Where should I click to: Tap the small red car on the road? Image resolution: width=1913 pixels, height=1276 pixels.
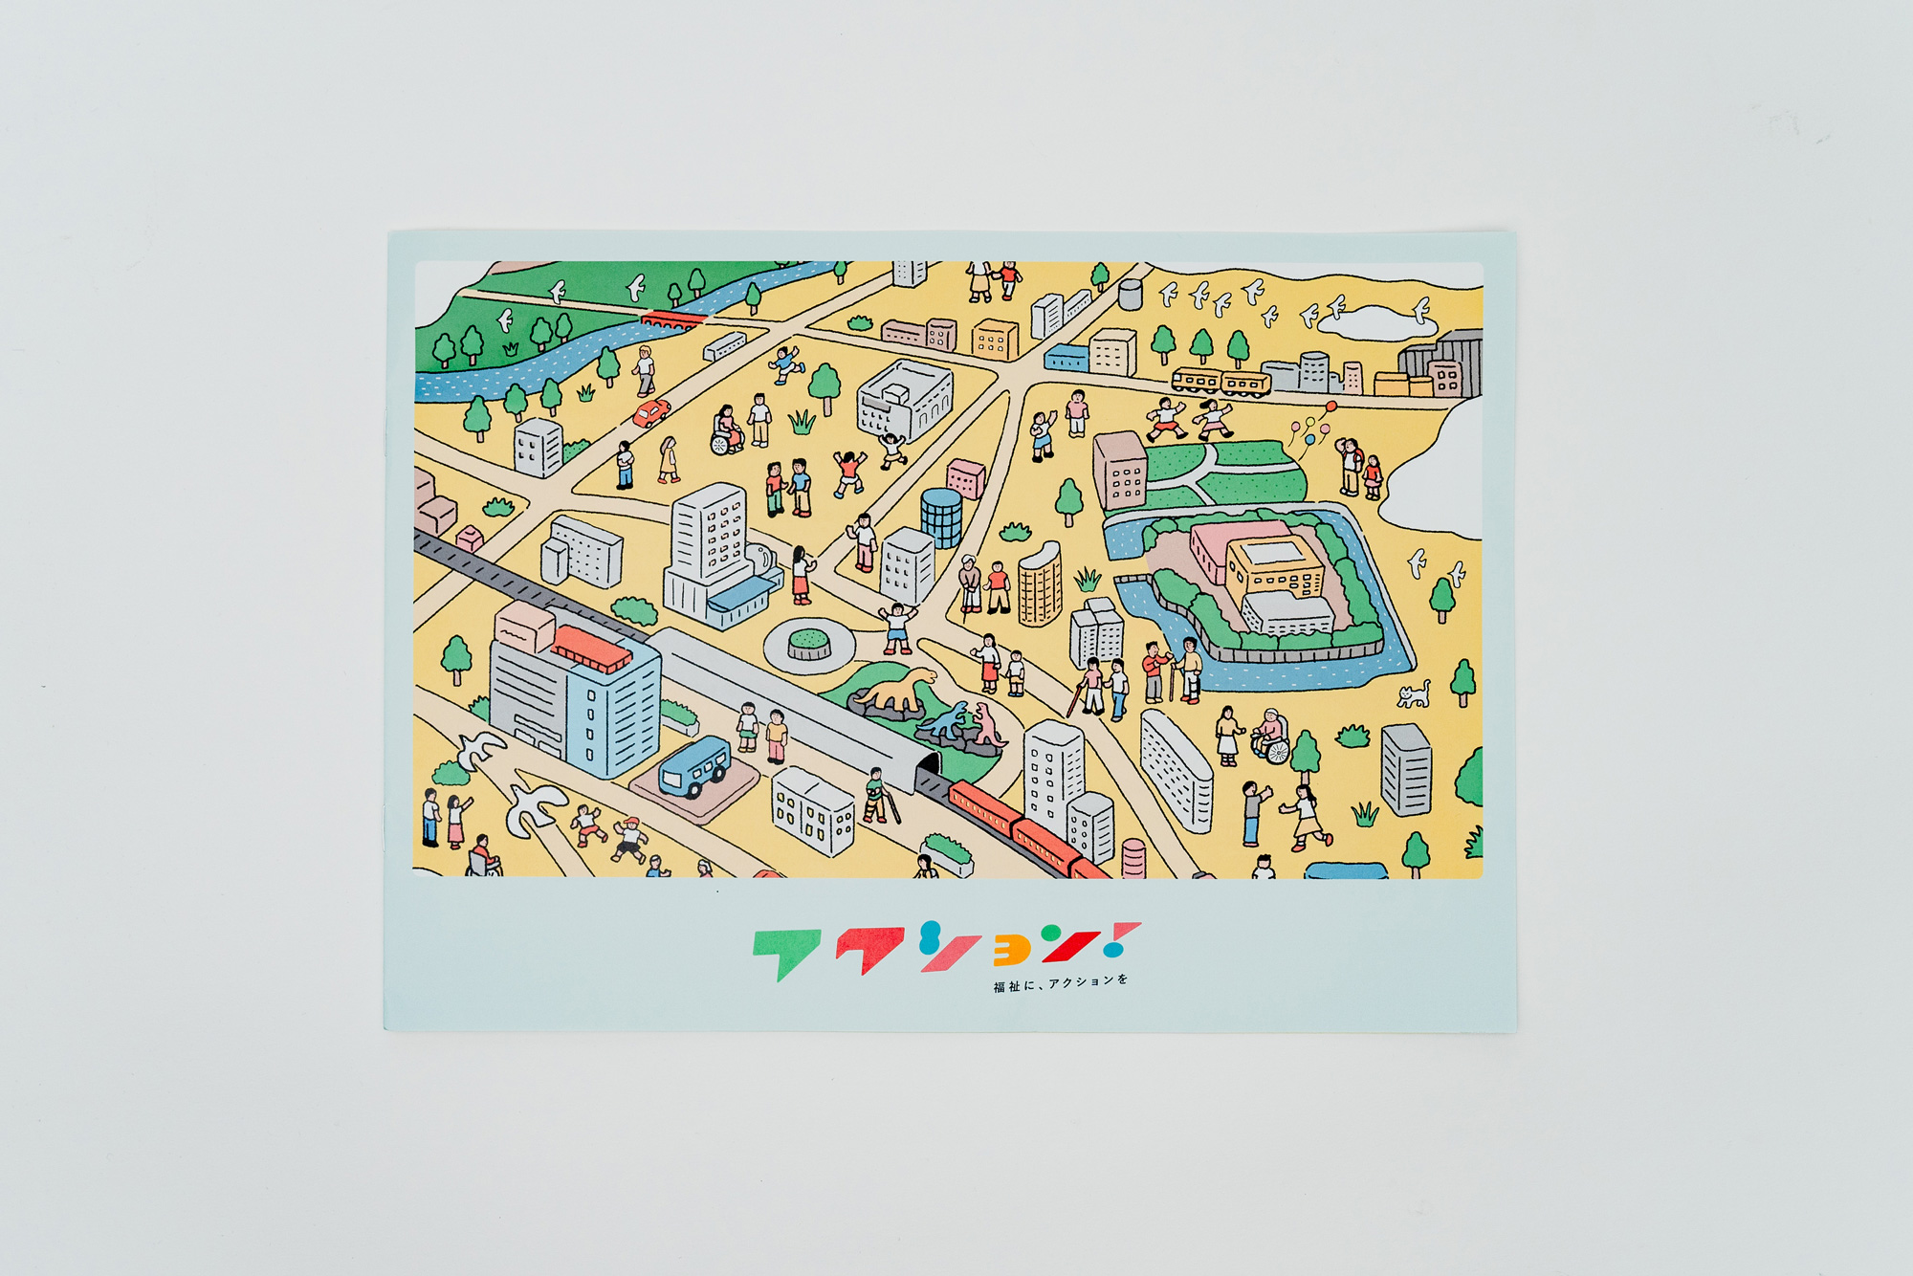tap(651, 413)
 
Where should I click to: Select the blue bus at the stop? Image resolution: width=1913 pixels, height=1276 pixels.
tap(693, 766)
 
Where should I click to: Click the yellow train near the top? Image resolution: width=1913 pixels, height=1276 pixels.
tap(1220, 383)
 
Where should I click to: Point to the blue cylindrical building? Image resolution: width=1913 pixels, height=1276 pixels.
tap(941, 517)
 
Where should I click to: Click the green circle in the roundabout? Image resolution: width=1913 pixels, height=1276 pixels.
tap(810, 638)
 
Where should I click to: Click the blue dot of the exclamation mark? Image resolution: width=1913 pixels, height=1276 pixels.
tap(1112, 950)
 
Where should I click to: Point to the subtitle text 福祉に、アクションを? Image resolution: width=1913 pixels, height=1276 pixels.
tap(1060, 983)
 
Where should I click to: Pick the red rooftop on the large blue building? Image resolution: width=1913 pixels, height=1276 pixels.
tap(591, 648)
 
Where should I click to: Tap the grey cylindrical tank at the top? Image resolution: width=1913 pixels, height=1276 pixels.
tap(1130, 294)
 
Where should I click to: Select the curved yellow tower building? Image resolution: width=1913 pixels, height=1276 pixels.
tap(1040, 584)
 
